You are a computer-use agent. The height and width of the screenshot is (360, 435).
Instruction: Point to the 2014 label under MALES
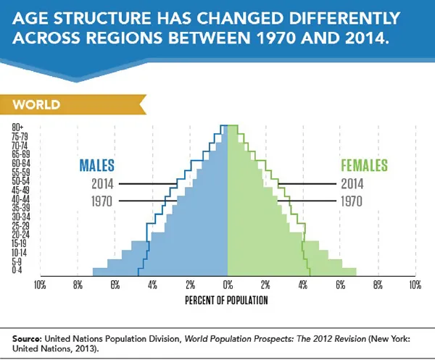pyautogui.click(x=103, y=184)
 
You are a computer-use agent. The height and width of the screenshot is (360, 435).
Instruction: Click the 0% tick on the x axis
pyautogui.click(x=228, y=285)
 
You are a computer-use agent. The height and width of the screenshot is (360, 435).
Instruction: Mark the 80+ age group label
pyautogui.click(x=19, y=127)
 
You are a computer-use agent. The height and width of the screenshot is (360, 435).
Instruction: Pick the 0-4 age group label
pyautogui.click(x=19, y=271)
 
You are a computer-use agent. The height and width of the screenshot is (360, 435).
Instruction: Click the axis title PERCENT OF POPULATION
pyautogui.click(x=227, y=299)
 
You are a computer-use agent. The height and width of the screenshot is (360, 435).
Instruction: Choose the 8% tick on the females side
pyautogui.click(x=378, y=285)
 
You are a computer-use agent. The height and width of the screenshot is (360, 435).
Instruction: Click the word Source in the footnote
pyautogui.click(x=25, y=338)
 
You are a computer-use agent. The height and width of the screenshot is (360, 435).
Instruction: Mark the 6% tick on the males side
pyautogui.click(x=115, y=285)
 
